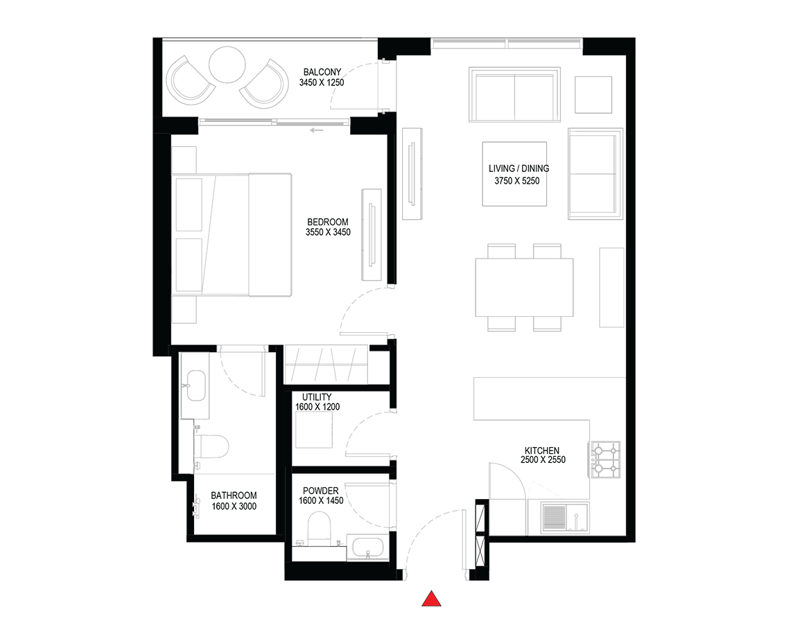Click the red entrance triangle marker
[431, 599]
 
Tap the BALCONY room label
[322, 72]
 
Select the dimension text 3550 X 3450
[328, 232]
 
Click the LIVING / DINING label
[518, 168]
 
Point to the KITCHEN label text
[542, 451]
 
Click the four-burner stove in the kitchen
[605, 460]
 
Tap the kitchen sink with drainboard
[565, 518]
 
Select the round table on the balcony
[227, 64]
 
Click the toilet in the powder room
[319, 528]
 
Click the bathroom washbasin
[197, 386]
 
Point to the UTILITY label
[317, 397]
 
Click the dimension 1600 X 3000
[234, 506]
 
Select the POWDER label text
[321, 491]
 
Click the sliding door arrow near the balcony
[317, 130]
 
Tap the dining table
[524, 288]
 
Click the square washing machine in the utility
[314, 430]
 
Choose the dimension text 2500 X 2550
[543, 460]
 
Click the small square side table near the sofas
[593, 95]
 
